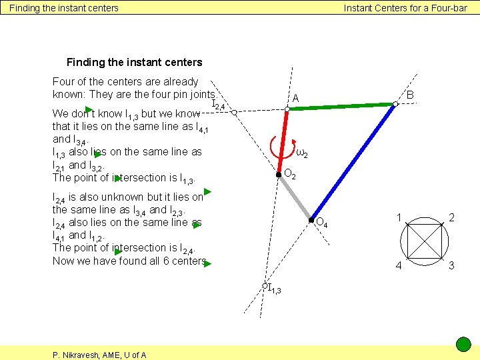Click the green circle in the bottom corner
click(463, 345)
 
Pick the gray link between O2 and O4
click(295, 197)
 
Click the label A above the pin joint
click(295, 99)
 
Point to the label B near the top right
click(411, 95)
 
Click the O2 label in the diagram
click(290, 174)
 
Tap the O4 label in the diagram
click(321, 223)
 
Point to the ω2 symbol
click(301, 154)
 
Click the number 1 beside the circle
click(398, 217)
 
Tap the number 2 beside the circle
click(452, 217)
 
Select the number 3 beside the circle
click(452, 266)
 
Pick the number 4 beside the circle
click(398, 266)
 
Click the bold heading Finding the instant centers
click(134, 62)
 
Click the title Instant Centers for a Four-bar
click(405, 8)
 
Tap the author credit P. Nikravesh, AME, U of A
click(99, 355)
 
